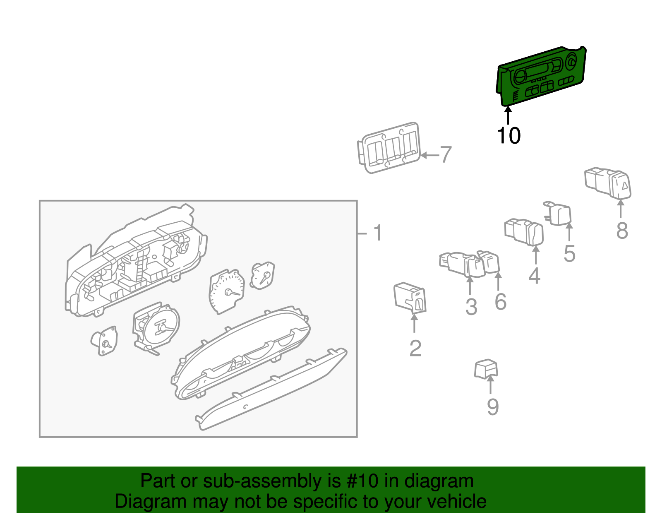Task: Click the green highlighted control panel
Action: pyautogui.click(x=541, y=76)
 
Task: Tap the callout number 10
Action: pyautogui.click(x=509, y=136)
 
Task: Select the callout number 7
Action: pyautogui.click(x=446, y=155)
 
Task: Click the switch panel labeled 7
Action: pyautogui.click(x=389, y=148)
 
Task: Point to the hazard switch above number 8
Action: pyautogui.click(x=608, y=183)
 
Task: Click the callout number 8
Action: pyautogui.click(x=622, y=231)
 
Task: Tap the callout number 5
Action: pyautogui.click(x=569, y=253)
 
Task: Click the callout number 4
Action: pyautogui.click(x=534, y=276)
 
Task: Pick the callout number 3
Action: pyautogui.click(x=471, y=307)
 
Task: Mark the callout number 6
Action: pyautogui.click(x=501, y=302)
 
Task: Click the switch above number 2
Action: pyautogui.click(x=410, y=298)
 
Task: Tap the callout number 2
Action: pyautogui.click(x=415, y=348)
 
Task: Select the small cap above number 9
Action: pyautogui.click(x=486, y=369)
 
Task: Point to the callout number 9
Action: pyautogui.click(x=493, y=407)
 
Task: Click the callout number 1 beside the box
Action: pyautogui.click(x=378, y=233)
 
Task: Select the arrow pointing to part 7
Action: pyautogui.click(x=429, y=155)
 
